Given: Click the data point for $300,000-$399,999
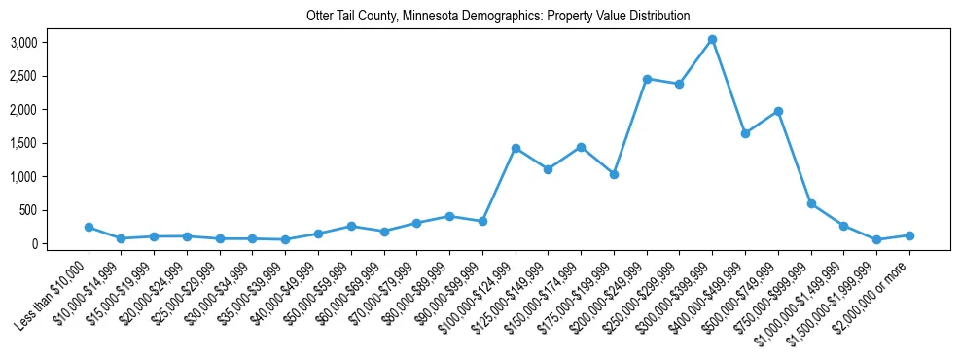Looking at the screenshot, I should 712,39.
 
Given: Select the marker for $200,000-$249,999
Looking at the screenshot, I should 647,79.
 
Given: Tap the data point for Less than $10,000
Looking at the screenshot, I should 89,227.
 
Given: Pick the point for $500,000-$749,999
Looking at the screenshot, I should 778,111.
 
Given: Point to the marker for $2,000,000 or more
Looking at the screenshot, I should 909,235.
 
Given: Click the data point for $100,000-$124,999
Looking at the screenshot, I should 516,148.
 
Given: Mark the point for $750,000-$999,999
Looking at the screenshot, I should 811,203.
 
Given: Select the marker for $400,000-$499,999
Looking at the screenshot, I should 745,133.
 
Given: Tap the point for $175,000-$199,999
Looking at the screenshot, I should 614,174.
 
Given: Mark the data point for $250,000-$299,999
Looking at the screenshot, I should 679,84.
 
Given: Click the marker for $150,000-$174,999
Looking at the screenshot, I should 581,147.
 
